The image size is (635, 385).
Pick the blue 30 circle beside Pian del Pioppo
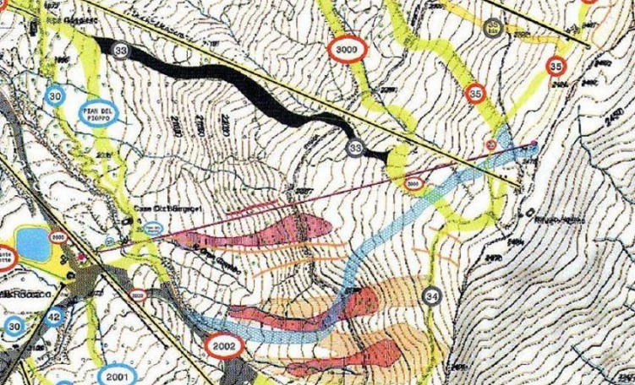[x=57, y=95]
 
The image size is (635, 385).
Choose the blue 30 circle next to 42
[x=14, y=326]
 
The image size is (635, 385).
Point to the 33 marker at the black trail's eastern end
[x=356, y=149]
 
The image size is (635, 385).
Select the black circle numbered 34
[x=434, y=296]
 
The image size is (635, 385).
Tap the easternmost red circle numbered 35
[x=556, y=65]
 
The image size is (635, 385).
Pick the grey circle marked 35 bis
[x=493, y=27]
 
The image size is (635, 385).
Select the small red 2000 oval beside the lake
[x=57, y=236]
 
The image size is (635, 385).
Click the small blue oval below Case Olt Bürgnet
[x=152, y=229]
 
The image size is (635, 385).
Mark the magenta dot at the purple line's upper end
[x=536, y=143]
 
